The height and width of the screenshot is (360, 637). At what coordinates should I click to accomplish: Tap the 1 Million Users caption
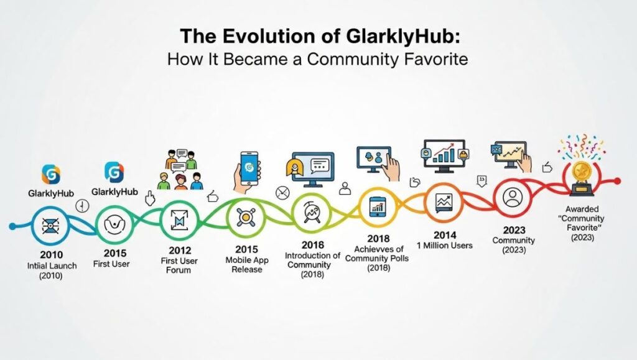(x=445, y=245)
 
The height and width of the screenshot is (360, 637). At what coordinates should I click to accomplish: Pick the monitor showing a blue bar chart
(x=443, y=155)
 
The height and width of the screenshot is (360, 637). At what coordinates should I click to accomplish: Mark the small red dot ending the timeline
(x=616, y=181)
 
